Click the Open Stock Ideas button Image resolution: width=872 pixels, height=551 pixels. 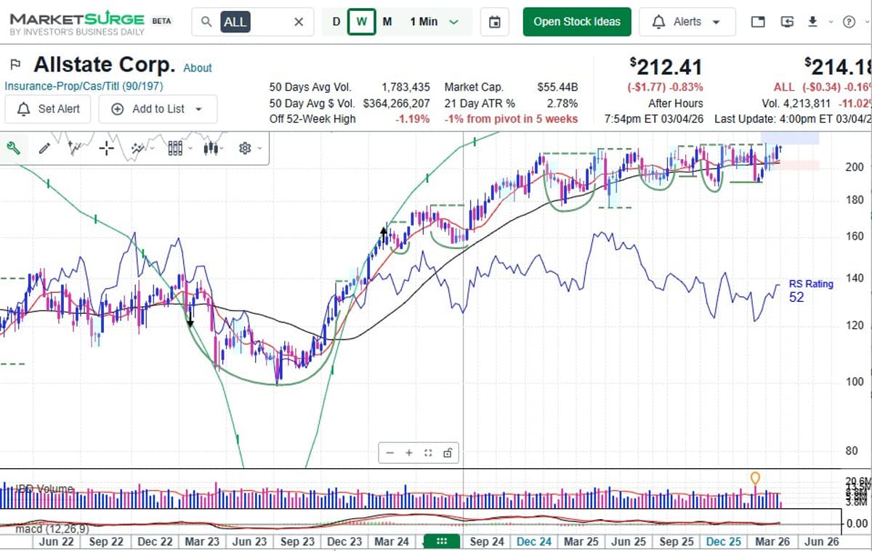pyautogui.click(x=577, y=22)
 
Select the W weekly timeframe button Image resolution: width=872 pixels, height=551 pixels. pyautogui.click(x=361, y=22)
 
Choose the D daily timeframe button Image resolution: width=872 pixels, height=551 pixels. pyautogui.click(x=336, y=22)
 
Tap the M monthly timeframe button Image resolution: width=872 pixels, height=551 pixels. pyautogui.click(x=387, y=22)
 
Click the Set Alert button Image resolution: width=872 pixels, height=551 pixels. pyautogui.click(x=48, y=109)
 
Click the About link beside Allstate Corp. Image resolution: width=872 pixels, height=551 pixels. pyautogui.click(x=198, y=68)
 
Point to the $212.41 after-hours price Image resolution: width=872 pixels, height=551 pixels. pyautogui.click(x=666, y=68)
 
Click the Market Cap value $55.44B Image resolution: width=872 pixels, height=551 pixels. pyautogui.click(x=557, y=87)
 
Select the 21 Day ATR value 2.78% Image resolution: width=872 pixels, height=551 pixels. pyautogui.click(x=562, y=103)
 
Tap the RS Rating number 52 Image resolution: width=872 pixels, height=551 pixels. pyautogui.click(x=796, y=297)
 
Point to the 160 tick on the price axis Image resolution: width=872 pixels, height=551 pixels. pyautogui.click(x=855, y=236)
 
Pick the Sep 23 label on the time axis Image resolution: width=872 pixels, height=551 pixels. pyautogui.click(x=297, y=542)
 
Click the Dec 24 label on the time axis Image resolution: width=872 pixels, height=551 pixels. pyautogui.click(x=534, y=542)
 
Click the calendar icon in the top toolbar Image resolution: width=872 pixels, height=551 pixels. pyautogui.click(x=495, y=22)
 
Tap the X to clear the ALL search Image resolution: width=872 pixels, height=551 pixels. pyautogui.click(x=299, y=22)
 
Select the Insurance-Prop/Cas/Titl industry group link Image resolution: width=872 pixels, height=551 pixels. pyautogui.click(x=84, y=86)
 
